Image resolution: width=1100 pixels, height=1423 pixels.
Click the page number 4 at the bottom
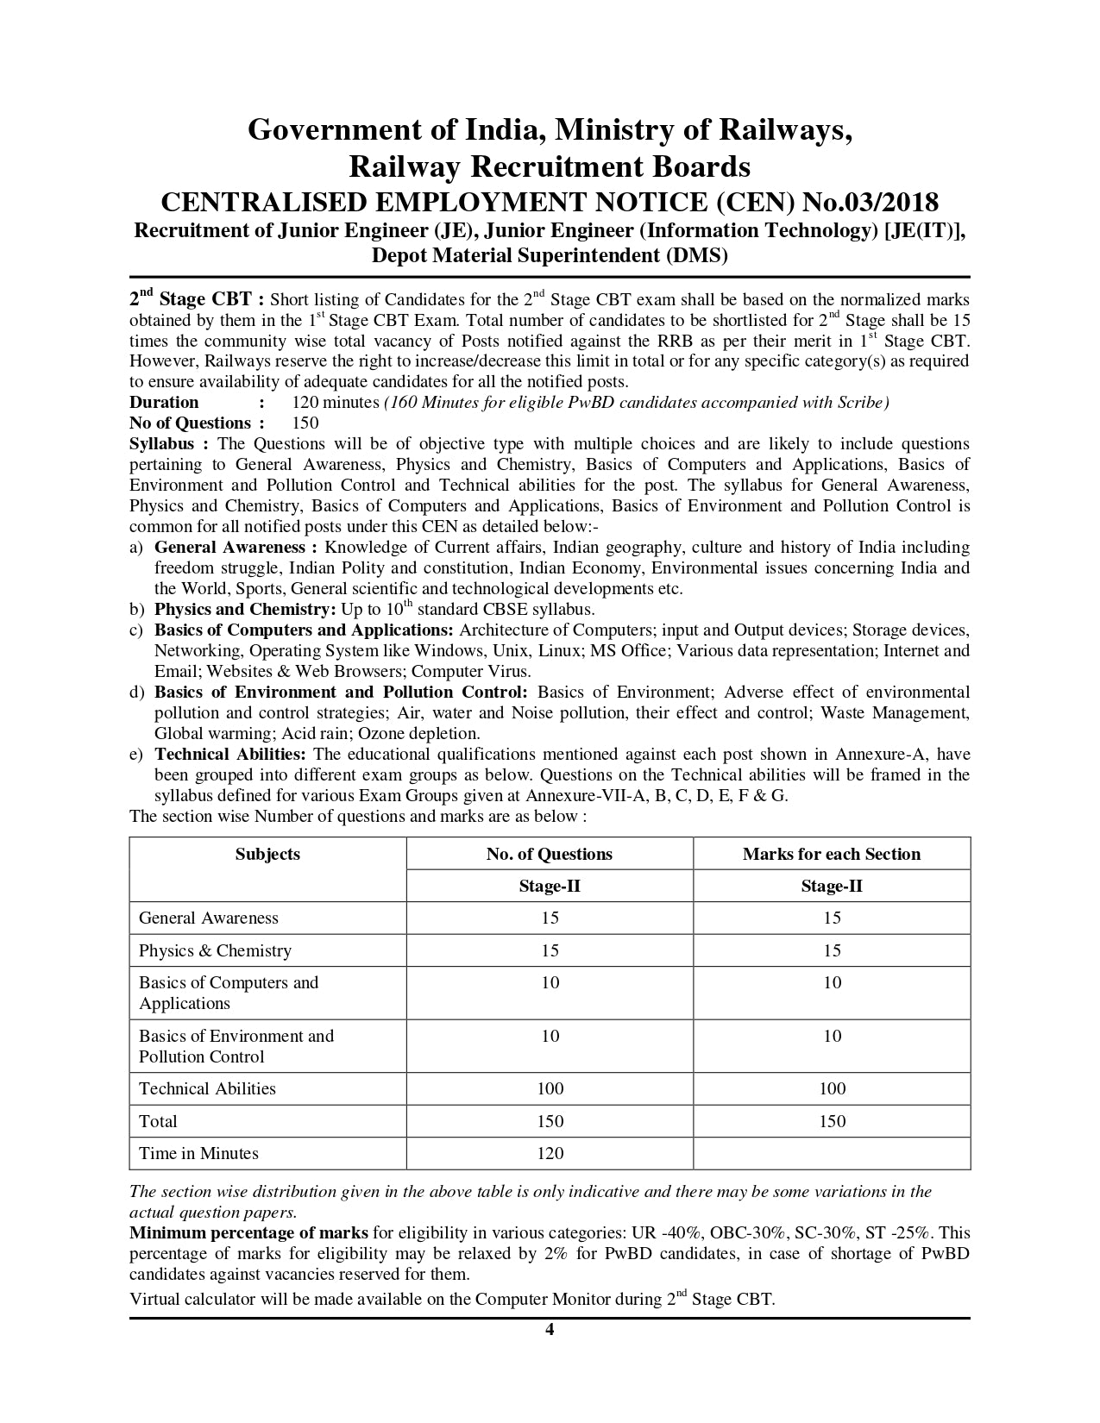point(550,1329)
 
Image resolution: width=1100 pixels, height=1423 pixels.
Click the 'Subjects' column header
point(267,854)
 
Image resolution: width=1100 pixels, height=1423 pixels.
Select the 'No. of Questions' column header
point(550,854)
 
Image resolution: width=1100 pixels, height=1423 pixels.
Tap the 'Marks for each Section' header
point(832,854)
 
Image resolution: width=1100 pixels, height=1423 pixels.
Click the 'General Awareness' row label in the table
point(209,918)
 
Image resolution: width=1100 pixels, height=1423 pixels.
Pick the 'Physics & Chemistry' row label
point(215,950)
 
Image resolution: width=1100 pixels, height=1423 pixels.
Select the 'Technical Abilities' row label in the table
point(207,1088)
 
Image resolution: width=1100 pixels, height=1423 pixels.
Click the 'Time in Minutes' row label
point(198,1153)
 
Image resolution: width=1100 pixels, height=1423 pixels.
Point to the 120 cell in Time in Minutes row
point(550,1153)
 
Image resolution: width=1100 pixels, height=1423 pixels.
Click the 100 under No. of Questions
point(550,1088)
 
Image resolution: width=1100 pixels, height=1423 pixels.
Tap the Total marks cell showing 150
point(832,1121)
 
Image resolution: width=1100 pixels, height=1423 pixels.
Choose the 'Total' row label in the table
point(158,1121)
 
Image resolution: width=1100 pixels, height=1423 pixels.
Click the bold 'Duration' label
point(164,402)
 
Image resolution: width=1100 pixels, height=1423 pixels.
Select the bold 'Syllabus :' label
point(169,443)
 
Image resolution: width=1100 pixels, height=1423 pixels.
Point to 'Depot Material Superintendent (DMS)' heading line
point(550,255)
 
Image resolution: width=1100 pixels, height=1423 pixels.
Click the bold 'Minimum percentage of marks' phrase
point(248,1232)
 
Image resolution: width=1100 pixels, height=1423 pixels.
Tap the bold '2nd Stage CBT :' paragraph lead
point(191,299)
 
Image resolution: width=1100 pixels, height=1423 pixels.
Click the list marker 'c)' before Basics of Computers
point(136,630)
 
